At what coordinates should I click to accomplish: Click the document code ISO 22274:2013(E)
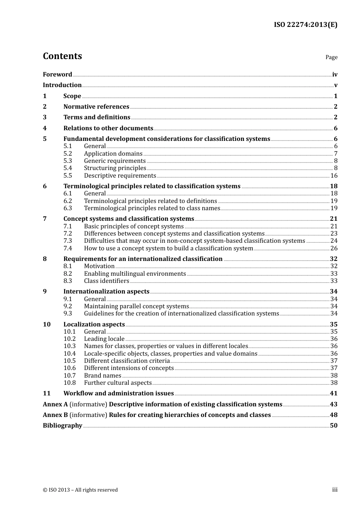(305, 25)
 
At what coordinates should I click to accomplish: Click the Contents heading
(62, 56)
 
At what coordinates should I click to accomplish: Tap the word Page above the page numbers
(331, 57)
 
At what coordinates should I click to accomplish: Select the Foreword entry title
(57, 75)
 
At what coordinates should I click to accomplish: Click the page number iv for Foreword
(335, 75)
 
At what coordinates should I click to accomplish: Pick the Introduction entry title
(62, 85)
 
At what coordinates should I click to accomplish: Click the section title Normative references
(96, 107)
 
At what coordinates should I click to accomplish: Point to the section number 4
(45, 128)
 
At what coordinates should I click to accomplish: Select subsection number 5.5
(67, 176)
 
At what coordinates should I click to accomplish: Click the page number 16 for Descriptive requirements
(334, 176)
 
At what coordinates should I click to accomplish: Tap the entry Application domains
(113, 154)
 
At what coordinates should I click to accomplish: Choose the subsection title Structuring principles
(115, 168)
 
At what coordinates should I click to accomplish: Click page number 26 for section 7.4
(334, 248)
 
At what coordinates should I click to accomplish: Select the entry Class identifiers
(106, 281)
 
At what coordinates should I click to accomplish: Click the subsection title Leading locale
(104, 339)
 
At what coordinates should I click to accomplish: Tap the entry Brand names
(102, 376)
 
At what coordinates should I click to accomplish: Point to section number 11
(46, 393)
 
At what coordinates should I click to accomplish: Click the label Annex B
(55, 415)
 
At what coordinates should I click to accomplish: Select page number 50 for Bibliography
(333, 426)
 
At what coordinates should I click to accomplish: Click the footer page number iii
(335, 490)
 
